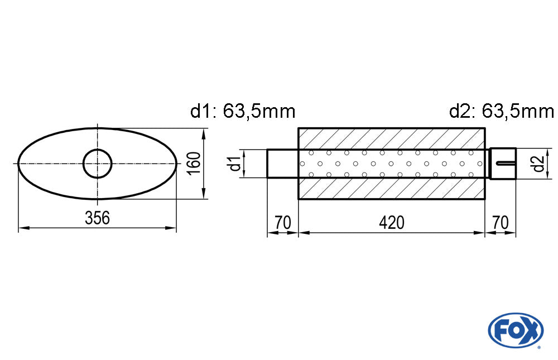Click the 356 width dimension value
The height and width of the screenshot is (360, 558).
pyautogui.click(x=97, y=218)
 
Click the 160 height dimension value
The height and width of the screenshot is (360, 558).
pyautogui.click(x=194, y=163)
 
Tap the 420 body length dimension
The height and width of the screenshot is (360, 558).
pyautogui.click(x=392, y=223)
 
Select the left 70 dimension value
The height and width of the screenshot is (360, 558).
pyautogui.click(x=283, y=223)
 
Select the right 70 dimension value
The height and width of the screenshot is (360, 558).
pyautogui.click(x=501, y=223)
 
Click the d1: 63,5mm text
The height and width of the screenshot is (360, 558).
pyautogui.click(x=243, y=111)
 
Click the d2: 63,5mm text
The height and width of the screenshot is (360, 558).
pyautogui.click(x=502, y=111)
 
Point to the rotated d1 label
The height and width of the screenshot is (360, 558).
pyautogui.click(x=235, y=164)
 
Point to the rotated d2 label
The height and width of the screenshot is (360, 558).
pyautogui.click(x=538, y=164)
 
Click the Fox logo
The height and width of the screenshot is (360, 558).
pyautogui.click(x=516, y=330)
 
